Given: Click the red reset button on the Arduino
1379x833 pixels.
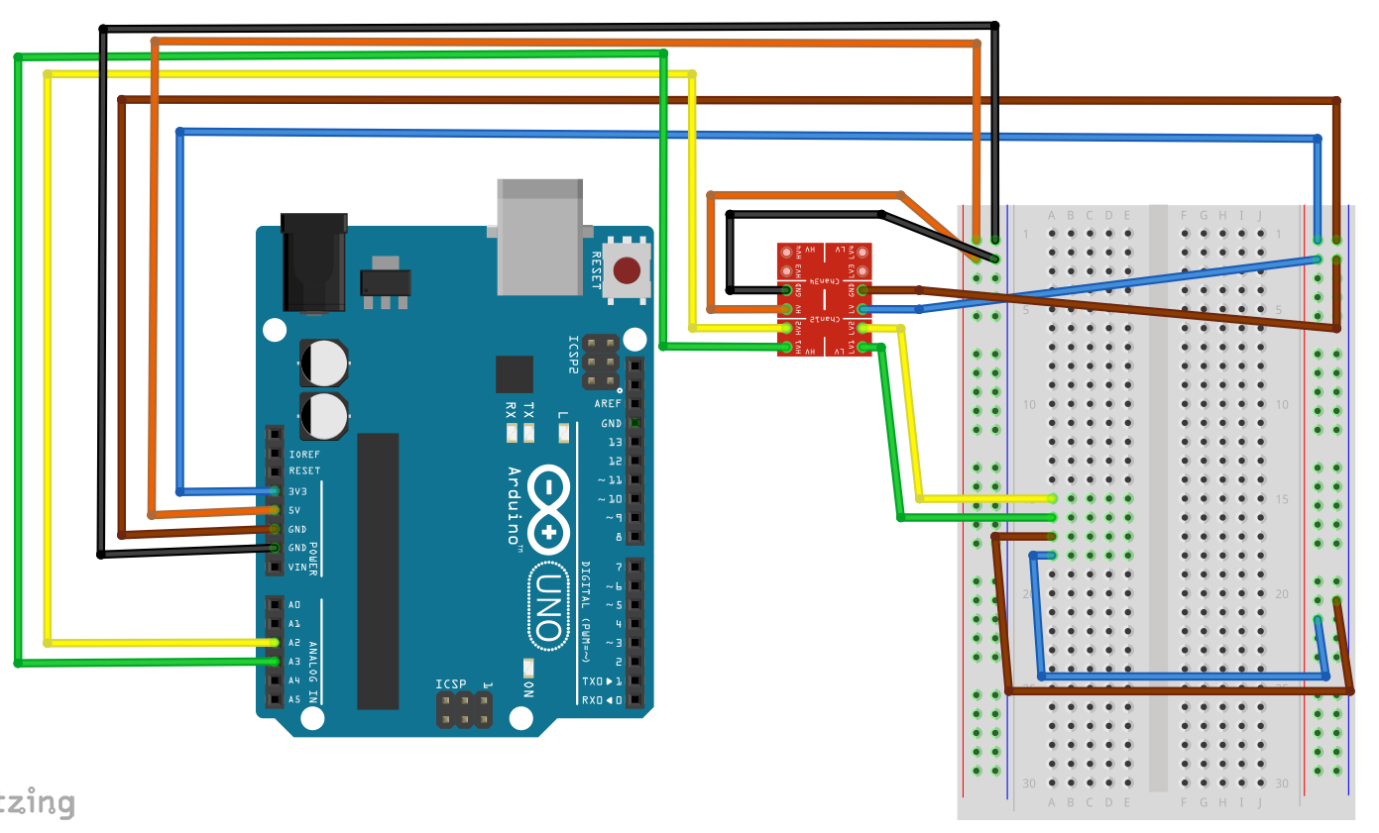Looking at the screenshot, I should [x=628, y=270].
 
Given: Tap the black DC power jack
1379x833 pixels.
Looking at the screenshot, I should [x=314, y=261].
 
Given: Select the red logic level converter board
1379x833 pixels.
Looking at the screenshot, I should [x=825, y=299].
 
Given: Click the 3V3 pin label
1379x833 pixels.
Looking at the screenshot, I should [x=297, y=491].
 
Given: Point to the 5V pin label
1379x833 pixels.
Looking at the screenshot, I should [x=293, y=510].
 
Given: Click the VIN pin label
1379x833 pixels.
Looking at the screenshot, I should [x=296, y=568].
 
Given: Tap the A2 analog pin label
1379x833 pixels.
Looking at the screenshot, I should [x=293, y=643].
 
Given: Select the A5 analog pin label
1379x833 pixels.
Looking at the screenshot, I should [x=293, y=699].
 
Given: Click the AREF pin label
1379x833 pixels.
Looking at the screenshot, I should [x=608, y=404].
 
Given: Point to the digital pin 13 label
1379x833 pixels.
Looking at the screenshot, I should [x=615, y=442].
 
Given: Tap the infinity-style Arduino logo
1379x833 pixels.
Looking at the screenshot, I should [x=547, y=511].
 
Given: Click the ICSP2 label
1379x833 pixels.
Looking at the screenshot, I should [x=572, y=354].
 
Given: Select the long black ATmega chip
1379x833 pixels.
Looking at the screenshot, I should [x=378, y=571].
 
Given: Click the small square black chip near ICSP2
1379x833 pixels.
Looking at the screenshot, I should [x=515, y=374].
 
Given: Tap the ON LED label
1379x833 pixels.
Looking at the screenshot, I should [x=528, y=689].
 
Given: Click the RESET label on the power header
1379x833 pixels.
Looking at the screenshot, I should [x=304, y=471].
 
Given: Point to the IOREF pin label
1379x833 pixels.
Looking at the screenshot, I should [x=304, y=454].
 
